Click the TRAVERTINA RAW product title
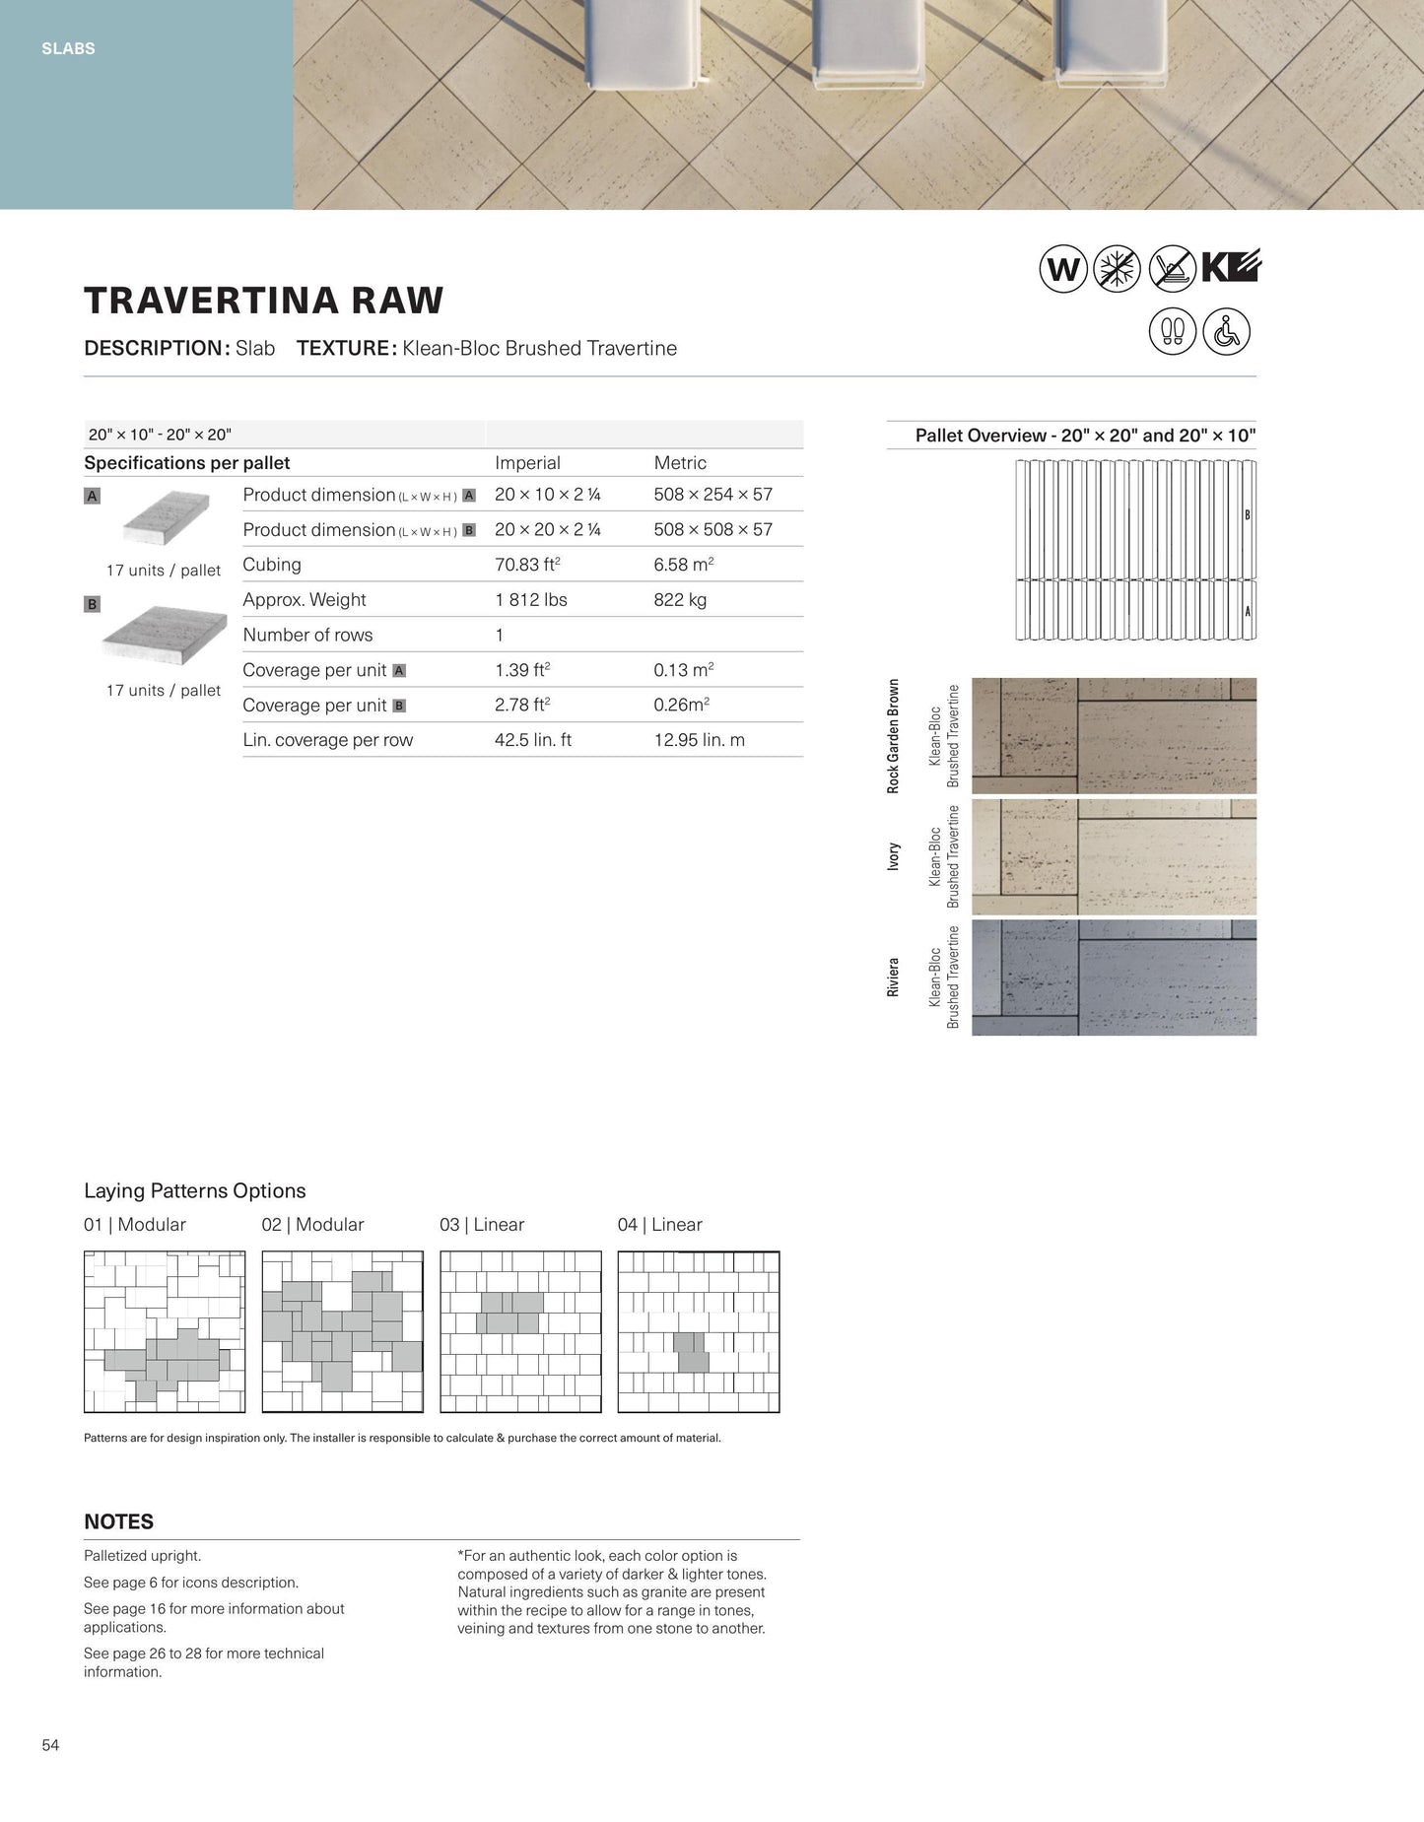263,301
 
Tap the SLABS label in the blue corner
68,48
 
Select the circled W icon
1062,268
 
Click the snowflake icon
1118,268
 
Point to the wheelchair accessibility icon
1226,331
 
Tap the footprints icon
1172,331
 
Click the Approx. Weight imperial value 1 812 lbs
531,599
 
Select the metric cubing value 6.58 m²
684,565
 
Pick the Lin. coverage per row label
327,740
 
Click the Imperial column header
527,463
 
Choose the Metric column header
680,463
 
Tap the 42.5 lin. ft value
533,740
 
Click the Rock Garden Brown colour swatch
1114,735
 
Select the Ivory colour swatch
1114,856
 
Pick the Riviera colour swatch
1114,978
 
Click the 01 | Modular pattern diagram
165,1331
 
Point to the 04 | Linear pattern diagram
698,1331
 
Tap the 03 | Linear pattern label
482,1225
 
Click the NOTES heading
118,1521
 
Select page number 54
50,1745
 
